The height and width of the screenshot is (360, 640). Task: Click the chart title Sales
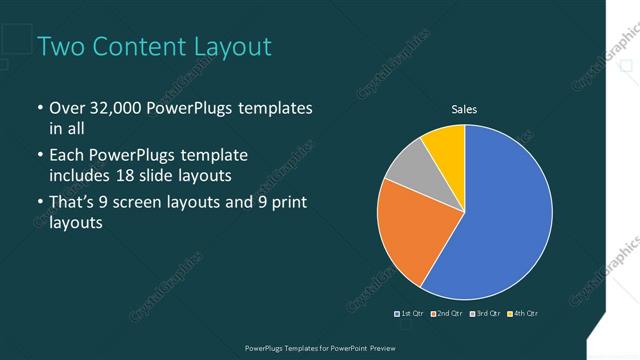(464, 108)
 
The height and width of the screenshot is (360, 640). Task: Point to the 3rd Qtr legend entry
(487, 314)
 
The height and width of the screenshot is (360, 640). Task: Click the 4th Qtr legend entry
(524, 314)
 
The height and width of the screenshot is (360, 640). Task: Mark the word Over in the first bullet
(67, 108)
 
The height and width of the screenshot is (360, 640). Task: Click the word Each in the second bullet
(67, 156)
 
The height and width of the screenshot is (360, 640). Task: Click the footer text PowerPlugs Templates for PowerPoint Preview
(320, 346)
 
